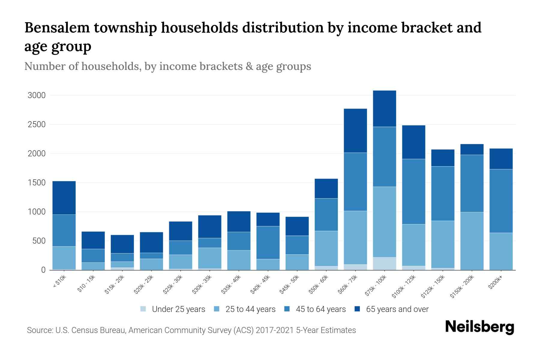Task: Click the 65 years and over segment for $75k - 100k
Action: (x=384, y=109)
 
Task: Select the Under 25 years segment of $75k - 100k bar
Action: (x=384, y=263)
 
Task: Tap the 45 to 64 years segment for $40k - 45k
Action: (x=268, y=242)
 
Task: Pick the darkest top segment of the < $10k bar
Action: (x=64, y=198)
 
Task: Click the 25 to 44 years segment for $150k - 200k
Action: (x=472, y=241)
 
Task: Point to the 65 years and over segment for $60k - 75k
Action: (x=355, y=130)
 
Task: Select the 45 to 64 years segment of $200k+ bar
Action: (x=501, y=201)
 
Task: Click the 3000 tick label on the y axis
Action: (x=37, y=95)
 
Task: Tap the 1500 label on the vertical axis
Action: (x=37, y=183)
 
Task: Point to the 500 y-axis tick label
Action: (x=39, y=241)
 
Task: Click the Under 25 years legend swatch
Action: (x=143, y=309)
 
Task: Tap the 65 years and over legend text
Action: (x=397, y=309)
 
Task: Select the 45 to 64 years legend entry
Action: (x=320, y=309)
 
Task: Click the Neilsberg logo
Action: (x=479, y=327)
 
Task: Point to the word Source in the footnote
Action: (x=39, y=330)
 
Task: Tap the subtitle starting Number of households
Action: (x=167, y=66)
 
